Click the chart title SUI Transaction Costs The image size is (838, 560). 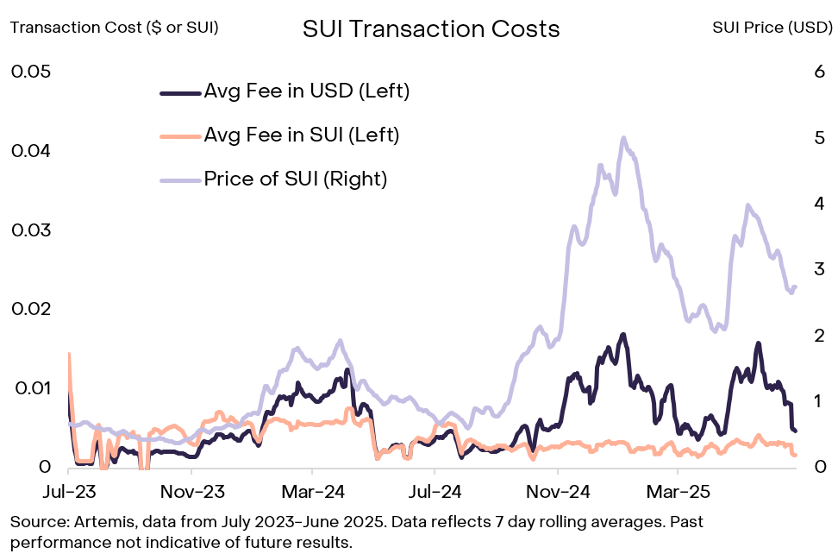pos(431,28)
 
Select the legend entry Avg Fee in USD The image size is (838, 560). pos(306,91)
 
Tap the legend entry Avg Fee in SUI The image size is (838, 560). pos(301,135)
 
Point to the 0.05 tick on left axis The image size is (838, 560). pos(31,71)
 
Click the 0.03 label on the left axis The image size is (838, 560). pos(31,230)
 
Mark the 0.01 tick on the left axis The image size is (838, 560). pos(31,388)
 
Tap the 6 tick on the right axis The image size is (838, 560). pos(820,72)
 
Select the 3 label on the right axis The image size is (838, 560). pos(819,269)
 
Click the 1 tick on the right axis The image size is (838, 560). pos(819,401)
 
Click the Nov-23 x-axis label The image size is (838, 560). pos(191,492)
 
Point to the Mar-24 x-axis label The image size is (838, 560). pos(313,492)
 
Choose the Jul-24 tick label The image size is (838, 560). pos(435,492)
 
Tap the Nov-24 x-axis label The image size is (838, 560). pos(559,492)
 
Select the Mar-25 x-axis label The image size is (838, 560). pos(679,492)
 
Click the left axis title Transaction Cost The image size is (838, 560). pos(115,27)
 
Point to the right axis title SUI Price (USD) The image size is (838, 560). pos(772,27)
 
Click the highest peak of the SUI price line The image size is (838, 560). pos(623,138)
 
